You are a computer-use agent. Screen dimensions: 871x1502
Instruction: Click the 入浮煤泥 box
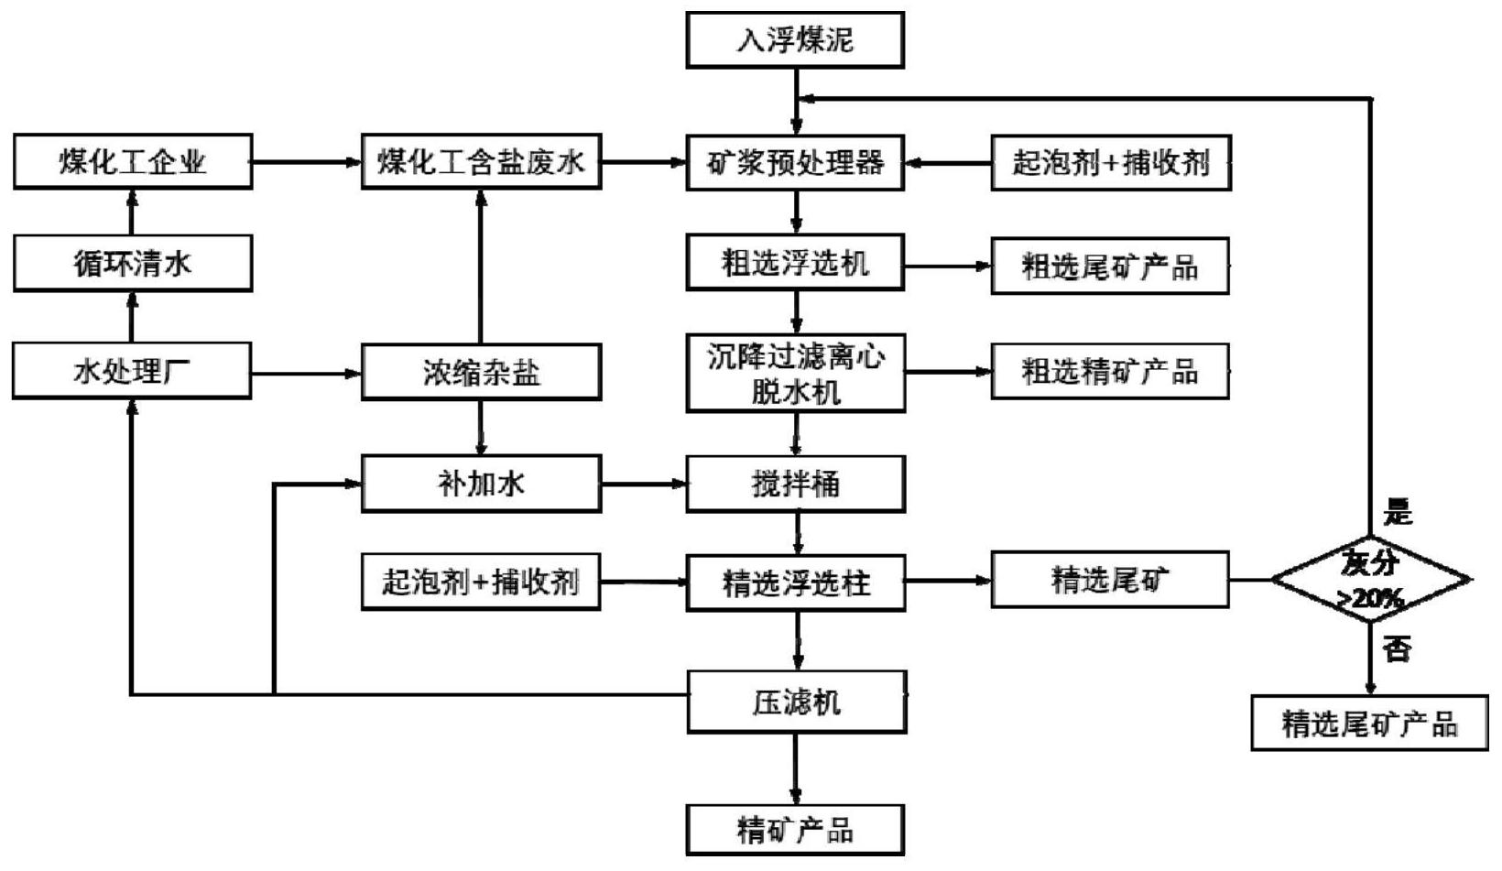pyautogui.click(x=795, y=40)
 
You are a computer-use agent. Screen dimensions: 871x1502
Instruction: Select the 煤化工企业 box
pyautogui.click(x=133, y=162)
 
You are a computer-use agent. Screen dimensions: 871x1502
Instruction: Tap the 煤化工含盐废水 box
pyautogui.click(x=481, y=162)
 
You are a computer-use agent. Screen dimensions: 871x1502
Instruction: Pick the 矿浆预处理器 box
pyautogui.click(x=795, y=163)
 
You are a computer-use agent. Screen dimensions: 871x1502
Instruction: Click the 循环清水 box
pyautogui.click(x=133, y=264)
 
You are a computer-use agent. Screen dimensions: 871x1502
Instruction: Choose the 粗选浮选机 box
pyautogui.click(x=795, y=263)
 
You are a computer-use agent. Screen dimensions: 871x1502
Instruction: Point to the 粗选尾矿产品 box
pyautogui.click(x=1109, y=267)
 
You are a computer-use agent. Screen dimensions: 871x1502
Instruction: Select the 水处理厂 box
pyautogui.click(x=132, y=371)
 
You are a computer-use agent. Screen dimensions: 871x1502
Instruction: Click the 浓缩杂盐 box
pyautogui.click(x=481, y=372)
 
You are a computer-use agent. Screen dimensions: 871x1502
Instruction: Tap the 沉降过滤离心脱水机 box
pyautogui.click(x=795, y=373)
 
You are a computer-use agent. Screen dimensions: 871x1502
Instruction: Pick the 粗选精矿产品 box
pyautogui.click(x=1109, y=372)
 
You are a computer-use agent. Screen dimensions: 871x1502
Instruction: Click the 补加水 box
pyautogui.click(x=481, y=484)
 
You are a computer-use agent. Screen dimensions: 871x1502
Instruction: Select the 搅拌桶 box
pyautogui.click(x=795, y=484)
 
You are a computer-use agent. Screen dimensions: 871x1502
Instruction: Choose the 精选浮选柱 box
pyautogui.click(x=795, y=582)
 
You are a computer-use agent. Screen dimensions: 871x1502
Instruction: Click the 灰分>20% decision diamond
pyautogui.click(x=1370, y=580)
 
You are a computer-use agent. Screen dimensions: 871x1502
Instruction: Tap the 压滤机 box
pyautogui.click(x=796, y=702)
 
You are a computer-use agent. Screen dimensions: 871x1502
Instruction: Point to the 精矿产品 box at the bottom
pyautogui.click(x=795, y=830)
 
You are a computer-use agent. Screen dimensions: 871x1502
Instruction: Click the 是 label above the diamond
pyautogui.click(x=1398, y=513)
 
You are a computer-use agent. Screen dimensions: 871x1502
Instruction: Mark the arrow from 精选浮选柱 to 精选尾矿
pyautogui.click(x=948, y=581)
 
